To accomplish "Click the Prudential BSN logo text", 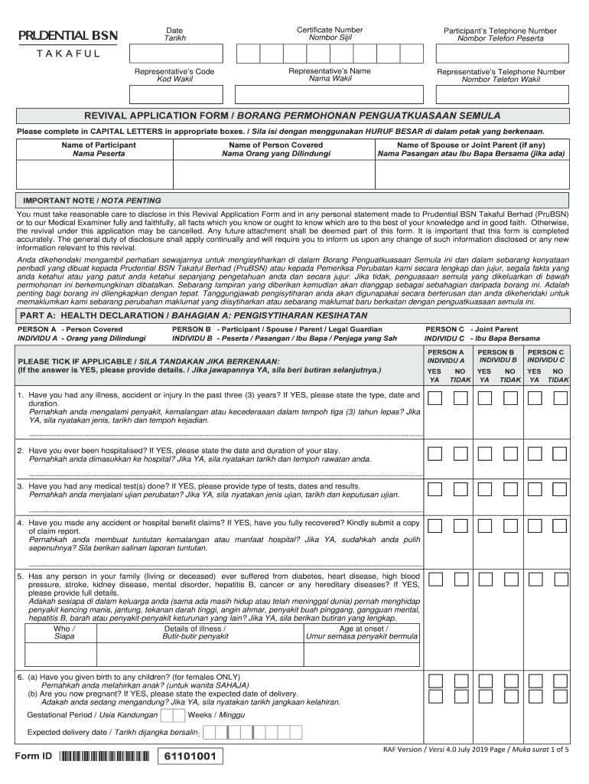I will [x=68, y=36].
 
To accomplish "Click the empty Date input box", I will [x=176, y=53].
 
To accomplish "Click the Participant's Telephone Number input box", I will [x=500, y=53].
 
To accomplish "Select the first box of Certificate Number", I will [x=248, y=53].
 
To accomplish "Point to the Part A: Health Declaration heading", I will [x=193, y=315].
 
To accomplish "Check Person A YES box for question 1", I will [x=434, y=398].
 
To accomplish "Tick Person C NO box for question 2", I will [x=560, y=454].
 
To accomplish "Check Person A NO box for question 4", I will [x=460, y=527].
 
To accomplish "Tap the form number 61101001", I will [x=190, y=757].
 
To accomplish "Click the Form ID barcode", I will [x=103, y=757].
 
